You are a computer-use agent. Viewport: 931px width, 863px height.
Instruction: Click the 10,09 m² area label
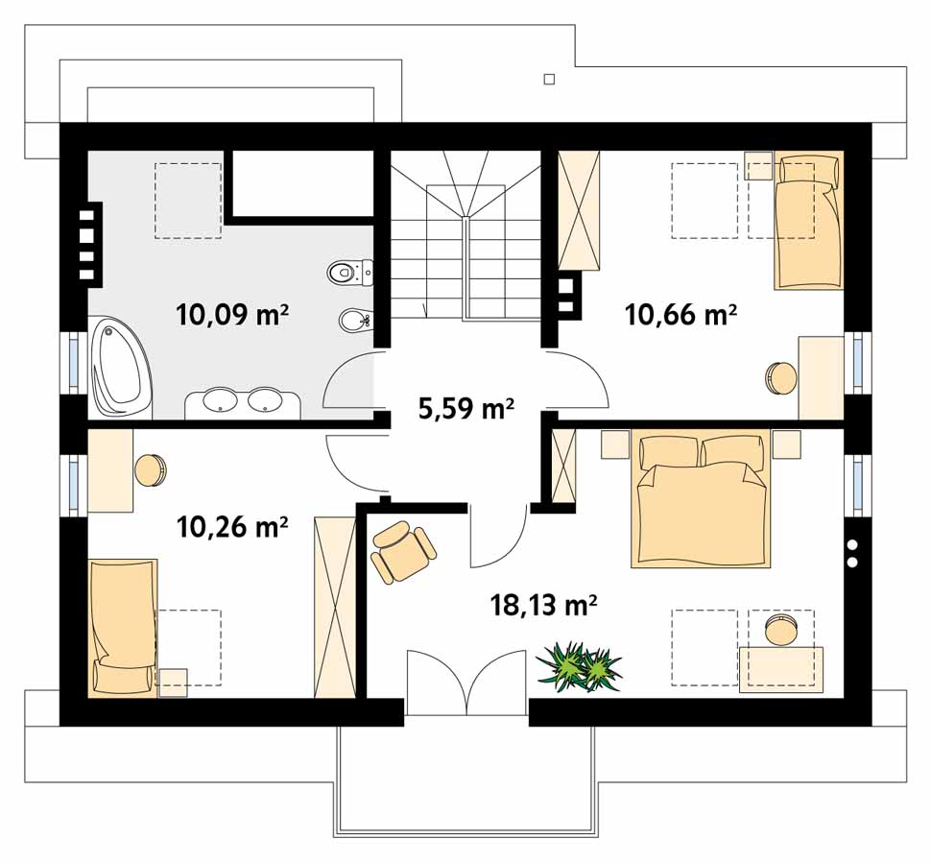coord(232,315)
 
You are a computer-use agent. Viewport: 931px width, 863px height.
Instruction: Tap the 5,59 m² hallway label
coord(466,409)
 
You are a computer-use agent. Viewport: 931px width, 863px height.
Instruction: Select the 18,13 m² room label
coord(543,605)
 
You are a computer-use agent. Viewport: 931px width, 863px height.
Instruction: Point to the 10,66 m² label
coord(680,315)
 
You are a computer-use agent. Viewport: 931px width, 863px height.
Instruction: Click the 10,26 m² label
coord(232,526)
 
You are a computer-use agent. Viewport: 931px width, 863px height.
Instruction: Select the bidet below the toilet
coord(355,322)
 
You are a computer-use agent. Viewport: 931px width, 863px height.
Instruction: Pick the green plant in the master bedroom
coord(579,666)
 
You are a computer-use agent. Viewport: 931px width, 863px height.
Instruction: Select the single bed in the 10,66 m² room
coord(809,220)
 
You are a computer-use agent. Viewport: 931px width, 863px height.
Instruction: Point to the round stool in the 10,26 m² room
coord(151,469)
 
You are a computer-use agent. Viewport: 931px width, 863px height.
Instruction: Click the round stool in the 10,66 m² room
coord(780,378)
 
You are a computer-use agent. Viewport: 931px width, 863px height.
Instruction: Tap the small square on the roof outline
coord(549,79)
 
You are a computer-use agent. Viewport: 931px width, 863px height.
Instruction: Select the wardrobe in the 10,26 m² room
coord(335,607)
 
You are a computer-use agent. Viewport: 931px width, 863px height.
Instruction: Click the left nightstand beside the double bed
coord(615,444)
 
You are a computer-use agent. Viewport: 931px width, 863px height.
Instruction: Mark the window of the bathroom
coord(74,362)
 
